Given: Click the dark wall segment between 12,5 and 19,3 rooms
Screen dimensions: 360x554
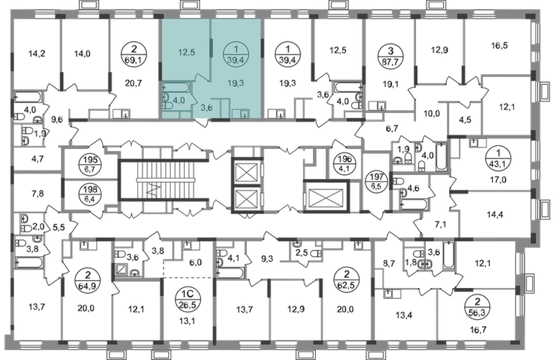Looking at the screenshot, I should (209, 52).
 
